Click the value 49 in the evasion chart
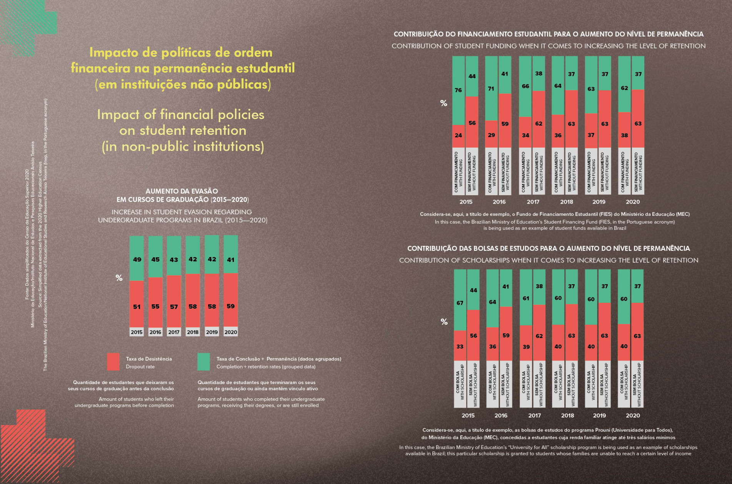(x=137, y=259)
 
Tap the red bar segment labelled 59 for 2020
(x=230, y=306)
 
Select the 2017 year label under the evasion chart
(x=174, y=332)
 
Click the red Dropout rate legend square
(x=113, y=362)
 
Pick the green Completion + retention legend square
(x=203, y=362)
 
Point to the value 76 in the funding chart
(x=458, y=90)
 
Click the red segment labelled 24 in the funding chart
(x=458, y=135)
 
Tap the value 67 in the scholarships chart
(x=460, y=303)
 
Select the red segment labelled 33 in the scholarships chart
(x=460, y=346)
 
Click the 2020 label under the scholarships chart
(x=633, y=415)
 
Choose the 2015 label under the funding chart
(x=466, y=202)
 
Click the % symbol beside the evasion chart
(x=119, y=278)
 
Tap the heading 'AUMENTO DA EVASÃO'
(x=182, y=191)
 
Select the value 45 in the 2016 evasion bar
(x=155, y=259)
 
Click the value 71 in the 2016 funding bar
(x=491, y=89)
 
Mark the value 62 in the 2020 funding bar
(x=624, y=88)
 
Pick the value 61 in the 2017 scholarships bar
(x=526, y=298)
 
